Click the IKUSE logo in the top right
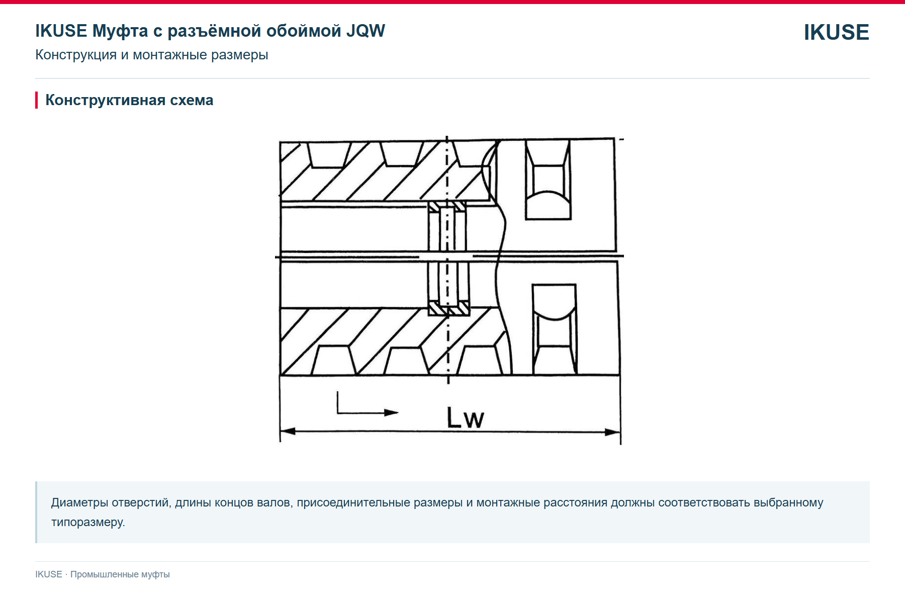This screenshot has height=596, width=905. click(x=836, y=32)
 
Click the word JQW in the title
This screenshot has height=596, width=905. click(x=366, y=31)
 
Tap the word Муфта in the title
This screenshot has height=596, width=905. click(x=120, y=31)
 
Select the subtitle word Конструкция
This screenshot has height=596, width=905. click(x=76, y=54)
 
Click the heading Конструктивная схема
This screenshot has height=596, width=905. click(x=129, y=100)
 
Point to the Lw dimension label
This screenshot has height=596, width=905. click(x=465, y=418)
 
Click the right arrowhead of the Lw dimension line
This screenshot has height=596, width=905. click(x=612, y=432)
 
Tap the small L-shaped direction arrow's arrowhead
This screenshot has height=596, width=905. click(x=391, y=412)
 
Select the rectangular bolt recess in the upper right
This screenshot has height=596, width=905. click(x=548, y=180)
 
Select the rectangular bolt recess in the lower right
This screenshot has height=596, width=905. click(x=555, y=329)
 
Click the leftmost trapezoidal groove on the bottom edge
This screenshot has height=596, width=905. click(x=334, y=360)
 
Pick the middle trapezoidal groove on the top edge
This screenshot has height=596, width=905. click(x=402, y=154)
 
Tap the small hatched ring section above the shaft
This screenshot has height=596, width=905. click(x=447, y=206)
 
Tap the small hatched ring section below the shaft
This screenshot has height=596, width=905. click(x=448, y=308)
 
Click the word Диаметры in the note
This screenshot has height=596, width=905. click(x=79, y=502)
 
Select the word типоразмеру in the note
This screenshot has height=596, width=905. click(x=88, y=522)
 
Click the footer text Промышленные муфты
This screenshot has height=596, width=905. click(x=120, y=574)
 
